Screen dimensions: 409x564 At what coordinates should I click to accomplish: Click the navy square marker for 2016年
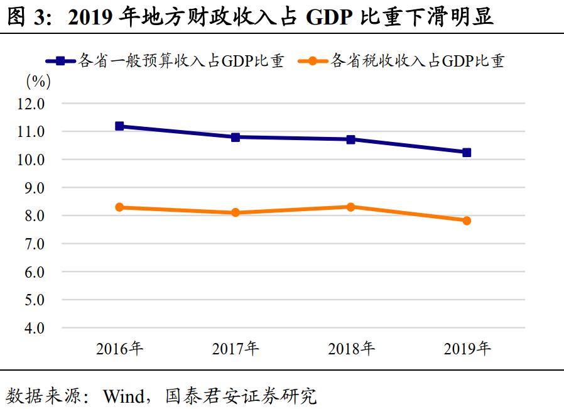[119, 126]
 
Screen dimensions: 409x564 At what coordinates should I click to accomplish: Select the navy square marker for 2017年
[236, 137]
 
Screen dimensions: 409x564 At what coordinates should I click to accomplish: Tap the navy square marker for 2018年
[351, 139]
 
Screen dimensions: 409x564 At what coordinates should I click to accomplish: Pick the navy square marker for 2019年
[467, 153]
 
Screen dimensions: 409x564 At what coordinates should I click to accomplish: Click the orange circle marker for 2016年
[119, 207]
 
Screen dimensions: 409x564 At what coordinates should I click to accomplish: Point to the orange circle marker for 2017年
[236, 213]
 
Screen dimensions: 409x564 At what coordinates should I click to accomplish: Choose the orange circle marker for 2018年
[351, 207]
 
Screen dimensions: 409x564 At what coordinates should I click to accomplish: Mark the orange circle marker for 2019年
[467, 221]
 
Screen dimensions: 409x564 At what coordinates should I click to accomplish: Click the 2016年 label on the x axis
[119, 349]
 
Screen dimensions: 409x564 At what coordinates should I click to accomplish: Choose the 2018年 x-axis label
[351, 349]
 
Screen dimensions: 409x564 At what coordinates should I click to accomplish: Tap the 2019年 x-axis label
[467, 349]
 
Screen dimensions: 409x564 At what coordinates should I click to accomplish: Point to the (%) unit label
[38, 81]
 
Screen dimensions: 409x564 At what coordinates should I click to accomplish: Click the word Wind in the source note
[122, 396]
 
